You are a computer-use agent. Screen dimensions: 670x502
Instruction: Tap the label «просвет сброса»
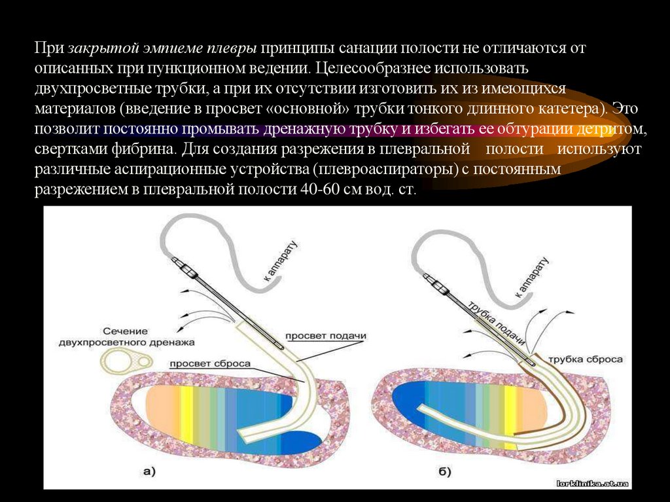click(209, 363)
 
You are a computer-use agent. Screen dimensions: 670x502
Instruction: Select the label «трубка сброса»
click(585, 359)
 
